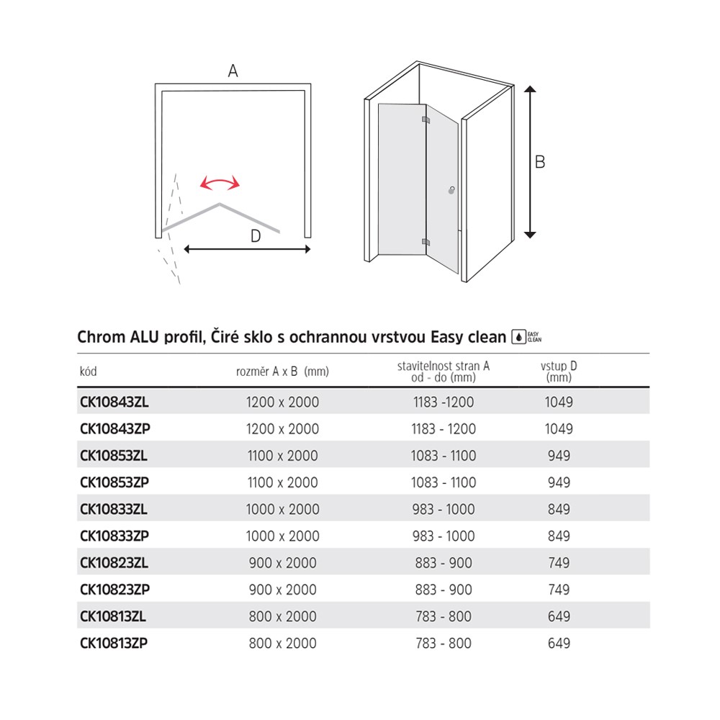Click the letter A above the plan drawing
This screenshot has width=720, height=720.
(233, 71)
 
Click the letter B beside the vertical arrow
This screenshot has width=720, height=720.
(540, 162)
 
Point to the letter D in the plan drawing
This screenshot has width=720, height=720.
(256, 235)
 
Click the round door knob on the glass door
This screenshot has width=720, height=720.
(451, 191)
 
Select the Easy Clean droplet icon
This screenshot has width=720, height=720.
(518, 336)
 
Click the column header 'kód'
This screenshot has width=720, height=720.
(88, 372)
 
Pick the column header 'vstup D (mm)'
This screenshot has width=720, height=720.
(559, 372)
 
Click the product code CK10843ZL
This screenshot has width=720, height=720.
(114, 402)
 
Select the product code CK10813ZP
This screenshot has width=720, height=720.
(114, 643)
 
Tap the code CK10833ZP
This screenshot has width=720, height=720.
(114, 536)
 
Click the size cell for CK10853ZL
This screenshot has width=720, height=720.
(282, 456)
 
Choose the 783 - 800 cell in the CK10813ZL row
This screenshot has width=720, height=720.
(444, 616)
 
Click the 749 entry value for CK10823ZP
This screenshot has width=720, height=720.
(559, 590)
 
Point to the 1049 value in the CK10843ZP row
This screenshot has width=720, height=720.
(559, 429)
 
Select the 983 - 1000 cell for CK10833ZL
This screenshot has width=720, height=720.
(444, 509)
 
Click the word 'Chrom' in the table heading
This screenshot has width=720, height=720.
(100, 336)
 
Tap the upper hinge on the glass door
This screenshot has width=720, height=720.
(425, 120)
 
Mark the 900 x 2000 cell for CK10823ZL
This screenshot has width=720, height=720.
(282, 563)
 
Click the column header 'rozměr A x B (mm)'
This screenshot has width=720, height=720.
(282, 372)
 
